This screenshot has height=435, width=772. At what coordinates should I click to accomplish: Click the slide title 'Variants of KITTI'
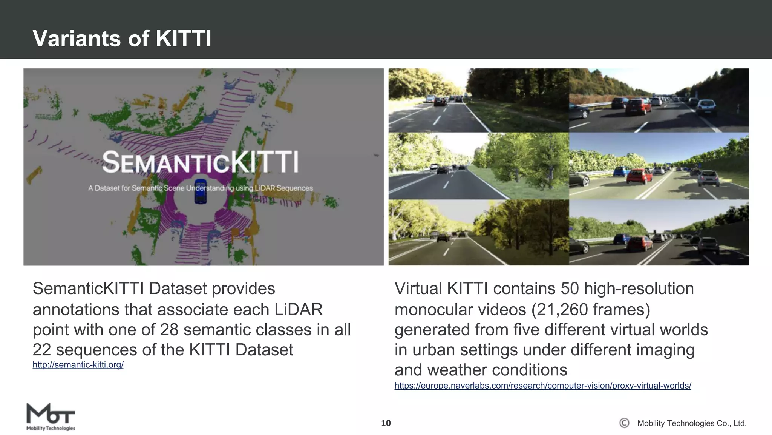pyautogui.click(x=122, y=39)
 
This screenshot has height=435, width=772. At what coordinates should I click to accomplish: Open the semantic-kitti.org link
pyautogui.click(x=78, y=365)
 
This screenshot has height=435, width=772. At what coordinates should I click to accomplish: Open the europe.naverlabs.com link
pyautogui.click(x=542, y=386)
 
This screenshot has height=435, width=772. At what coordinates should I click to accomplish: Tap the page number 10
pyautogui.click(x=386, y=423)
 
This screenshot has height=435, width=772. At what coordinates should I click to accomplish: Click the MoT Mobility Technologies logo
pyautogui.click(x=51, y=417)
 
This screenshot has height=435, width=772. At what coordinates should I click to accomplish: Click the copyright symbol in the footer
pyautogui.click(x=624, y=423)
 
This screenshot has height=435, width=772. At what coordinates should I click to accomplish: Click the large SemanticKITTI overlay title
pyautogui.click(x=200, y=162)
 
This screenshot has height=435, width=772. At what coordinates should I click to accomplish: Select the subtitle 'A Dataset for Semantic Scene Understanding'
pyautogui.click(x=200, y=188)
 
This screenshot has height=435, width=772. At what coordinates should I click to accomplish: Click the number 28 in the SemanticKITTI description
pyautogui.click(x=169, y=330)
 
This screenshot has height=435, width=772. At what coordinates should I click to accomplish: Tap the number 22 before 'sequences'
pyautogui.click(x=42, y=350)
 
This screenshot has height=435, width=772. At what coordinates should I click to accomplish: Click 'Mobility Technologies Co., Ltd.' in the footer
pyautogui.click(x=692, y=423)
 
